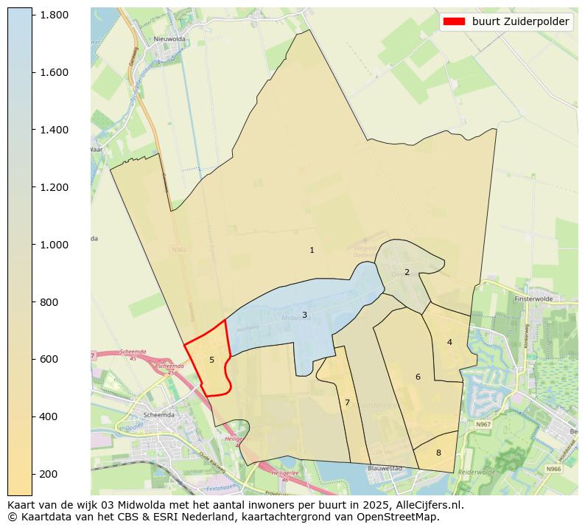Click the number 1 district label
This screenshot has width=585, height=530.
(312, 251)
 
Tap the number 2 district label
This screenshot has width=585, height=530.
(407, 272)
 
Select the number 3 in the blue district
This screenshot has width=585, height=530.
(304, 315)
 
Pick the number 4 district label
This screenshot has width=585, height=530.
(449, 342)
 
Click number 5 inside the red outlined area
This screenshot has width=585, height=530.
(211, 360)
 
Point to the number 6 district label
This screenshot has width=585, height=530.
(418, 377)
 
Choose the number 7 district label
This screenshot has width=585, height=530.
(347, 402)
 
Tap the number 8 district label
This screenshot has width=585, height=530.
(438, 453)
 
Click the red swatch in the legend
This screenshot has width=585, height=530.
(455, 22)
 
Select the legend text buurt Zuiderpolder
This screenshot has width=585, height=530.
(520, 22)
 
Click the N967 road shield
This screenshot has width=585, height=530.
(483, 425)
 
